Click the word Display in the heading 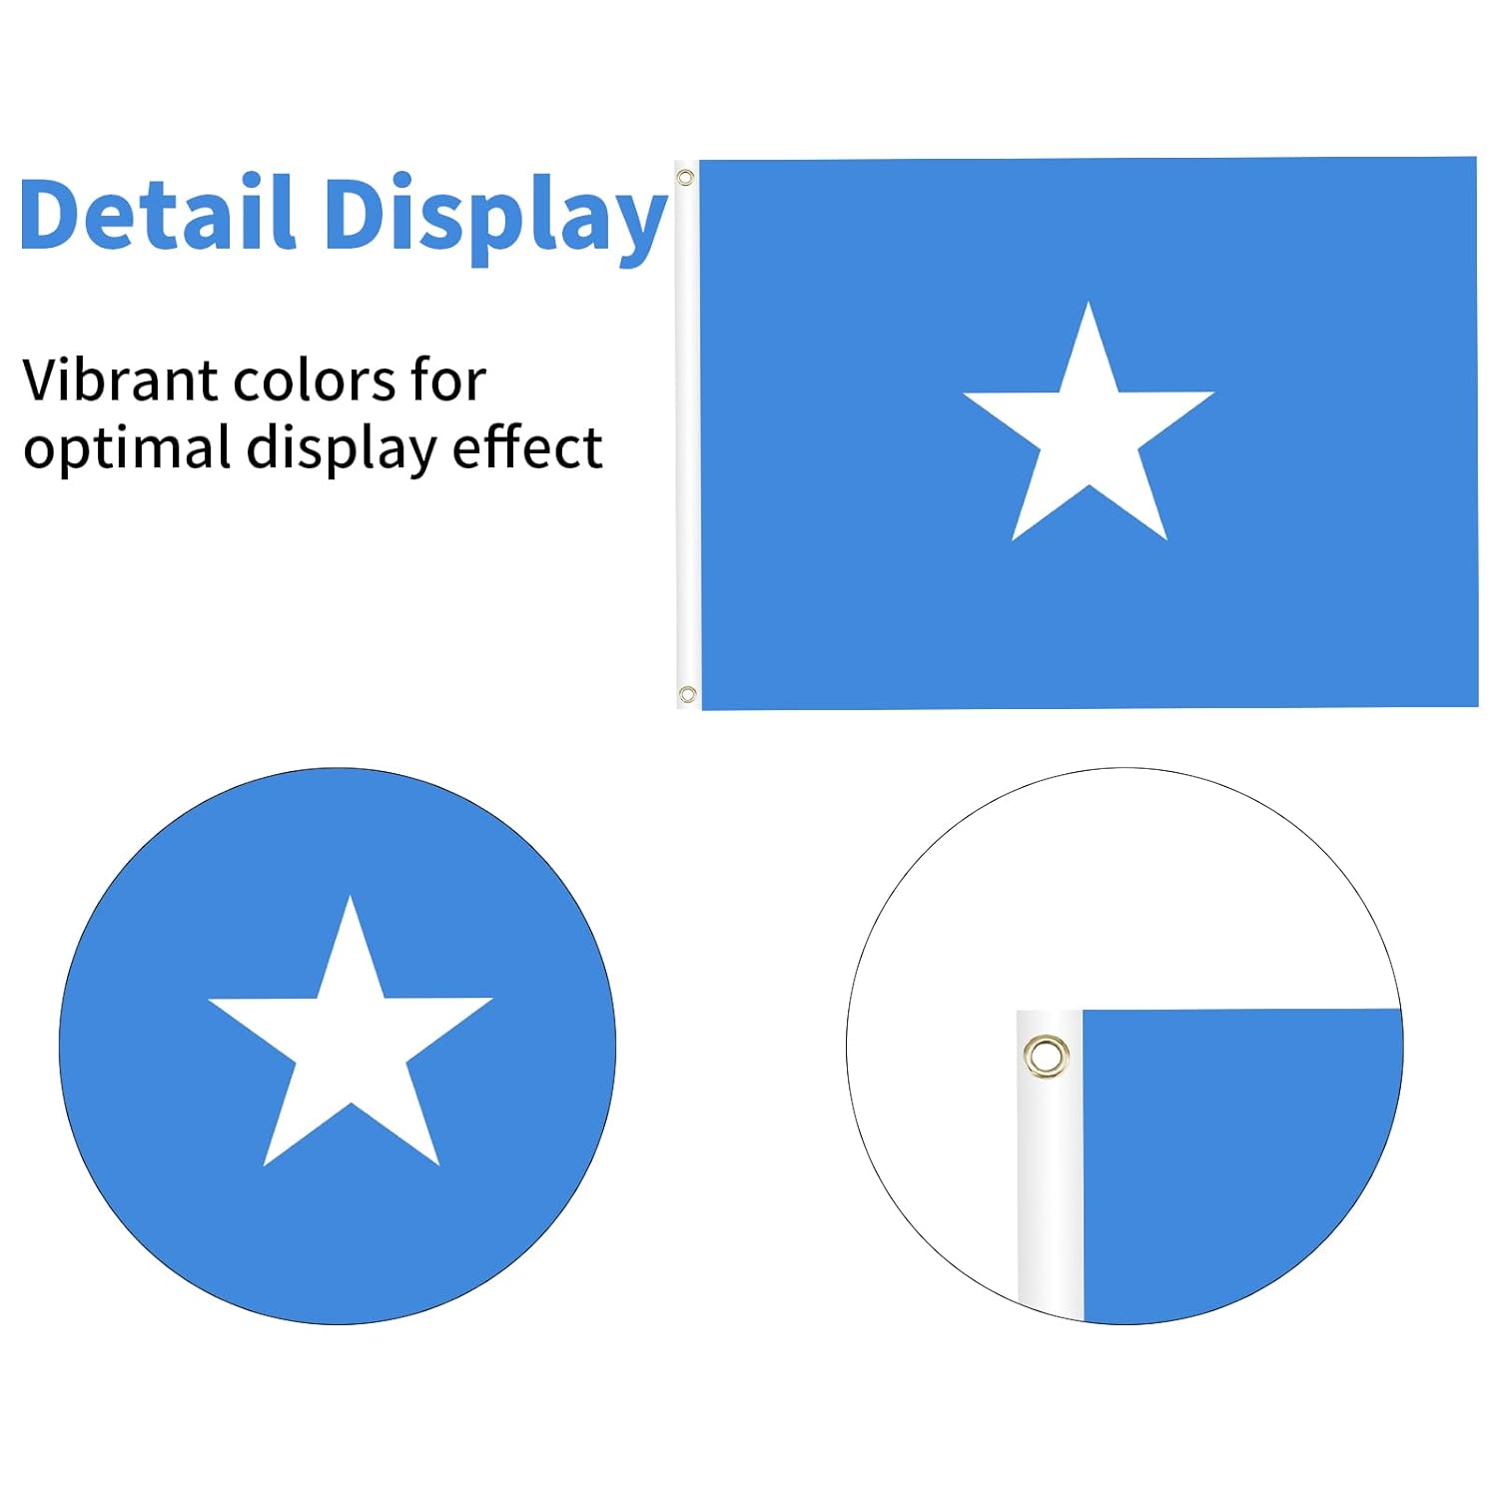click(495, 218)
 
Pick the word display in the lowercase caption click(343, 448)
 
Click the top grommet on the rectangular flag click(685, 178)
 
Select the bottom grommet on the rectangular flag click(687, 694)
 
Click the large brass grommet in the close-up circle click(1046, 1056)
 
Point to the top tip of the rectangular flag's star click(1089, 302)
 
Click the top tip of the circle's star click(350, 895)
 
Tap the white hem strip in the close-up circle click(1050, 1163)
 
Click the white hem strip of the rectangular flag click(688, 434)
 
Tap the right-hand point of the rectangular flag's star click(1213, 392)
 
